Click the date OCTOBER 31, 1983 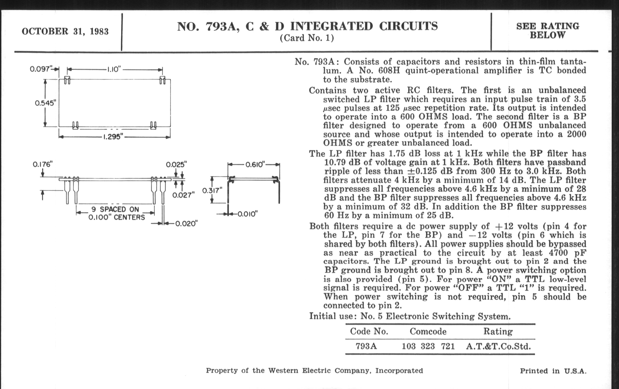(65, 31)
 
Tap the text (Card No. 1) (307, 38)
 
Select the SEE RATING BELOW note (547, 31)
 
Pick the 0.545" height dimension (45, 103)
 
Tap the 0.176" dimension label (43, 164)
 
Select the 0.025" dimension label (176, 164)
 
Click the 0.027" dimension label (183, 195)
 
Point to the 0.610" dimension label (255, 164)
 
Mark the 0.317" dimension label (212, 190)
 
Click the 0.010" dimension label (247, 214)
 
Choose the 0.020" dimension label (186, 224)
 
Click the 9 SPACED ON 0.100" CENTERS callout (117, 213)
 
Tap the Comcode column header (428, 332)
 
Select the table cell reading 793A (366, 346)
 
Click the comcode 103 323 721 (428, 346)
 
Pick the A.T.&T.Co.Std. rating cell (498, 346)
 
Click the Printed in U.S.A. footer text (553, 371)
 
